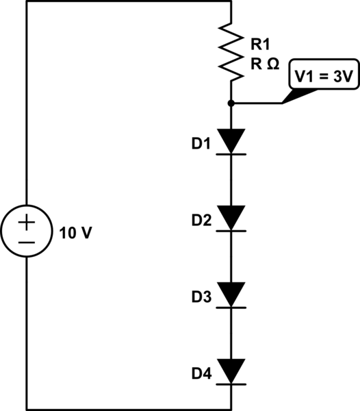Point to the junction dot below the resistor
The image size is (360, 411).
[231, 103]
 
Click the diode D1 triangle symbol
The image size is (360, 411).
[231, 141]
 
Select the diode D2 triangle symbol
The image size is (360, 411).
[231, 218]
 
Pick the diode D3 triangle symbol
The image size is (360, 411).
[231, 295]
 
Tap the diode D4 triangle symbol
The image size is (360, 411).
[231, 371]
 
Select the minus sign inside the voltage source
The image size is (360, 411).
[27, 242]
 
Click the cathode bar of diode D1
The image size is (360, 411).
[231, 154]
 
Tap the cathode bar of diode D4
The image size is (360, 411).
[231, 384]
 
